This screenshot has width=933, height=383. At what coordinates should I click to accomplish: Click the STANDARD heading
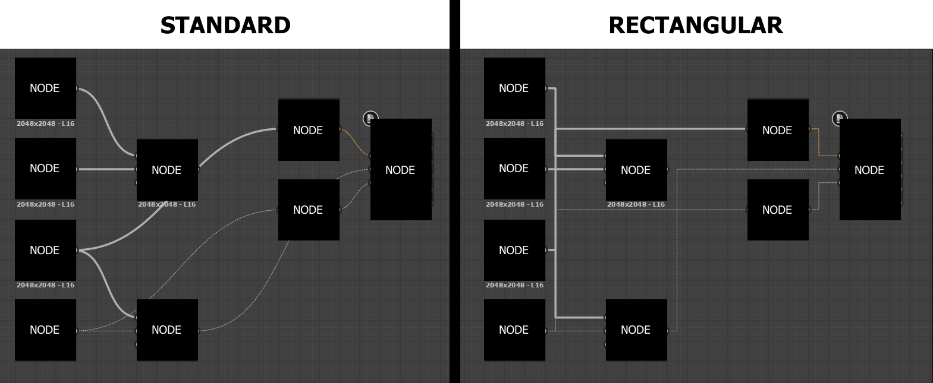[x=225, y=25]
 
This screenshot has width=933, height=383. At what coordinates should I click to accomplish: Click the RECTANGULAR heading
[x=695, y=25]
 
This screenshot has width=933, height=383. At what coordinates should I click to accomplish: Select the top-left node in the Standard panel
[x=45, y=88]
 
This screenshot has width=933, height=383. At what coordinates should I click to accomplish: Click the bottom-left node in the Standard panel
[x=45, y=330]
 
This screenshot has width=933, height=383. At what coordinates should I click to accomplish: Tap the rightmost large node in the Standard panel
[x=401, y=170]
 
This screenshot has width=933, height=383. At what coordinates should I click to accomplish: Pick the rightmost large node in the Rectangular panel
[x=869, y=170]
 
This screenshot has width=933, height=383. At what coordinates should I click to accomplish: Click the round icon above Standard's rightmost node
[x=370, y=118]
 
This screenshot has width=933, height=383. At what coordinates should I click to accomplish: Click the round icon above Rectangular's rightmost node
[x=839, y=118]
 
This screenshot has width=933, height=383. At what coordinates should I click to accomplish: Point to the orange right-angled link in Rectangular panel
[x=819, y=143]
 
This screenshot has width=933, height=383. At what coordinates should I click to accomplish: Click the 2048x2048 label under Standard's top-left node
[x=45, y=124]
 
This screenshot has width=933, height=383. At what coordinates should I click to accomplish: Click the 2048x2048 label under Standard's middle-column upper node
[x=167, y=204]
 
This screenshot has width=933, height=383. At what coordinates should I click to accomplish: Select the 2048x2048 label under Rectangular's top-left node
[x=514, y=124]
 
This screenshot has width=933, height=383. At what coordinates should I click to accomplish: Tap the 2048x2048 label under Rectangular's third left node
[x=514, y=285]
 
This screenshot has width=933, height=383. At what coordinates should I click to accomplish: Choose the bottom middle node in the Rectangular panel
[x=636, y=330]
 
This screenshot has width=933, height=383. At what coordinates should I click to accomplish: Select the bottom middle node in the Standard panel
[x=167, y=330]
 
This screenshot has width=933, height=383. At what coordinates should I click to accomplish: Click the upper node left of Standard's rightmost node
[x=309, y=130]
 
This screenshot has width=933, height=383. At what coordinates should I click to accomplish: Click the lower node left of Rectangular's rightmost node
[x=777, y=210]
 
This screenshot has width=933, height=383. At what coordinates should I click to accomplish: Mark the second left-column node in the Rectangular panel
[x=514, y=169]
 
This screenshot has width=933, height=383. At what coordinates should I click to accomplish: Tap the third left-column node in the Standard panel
[x=45, y=250]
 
